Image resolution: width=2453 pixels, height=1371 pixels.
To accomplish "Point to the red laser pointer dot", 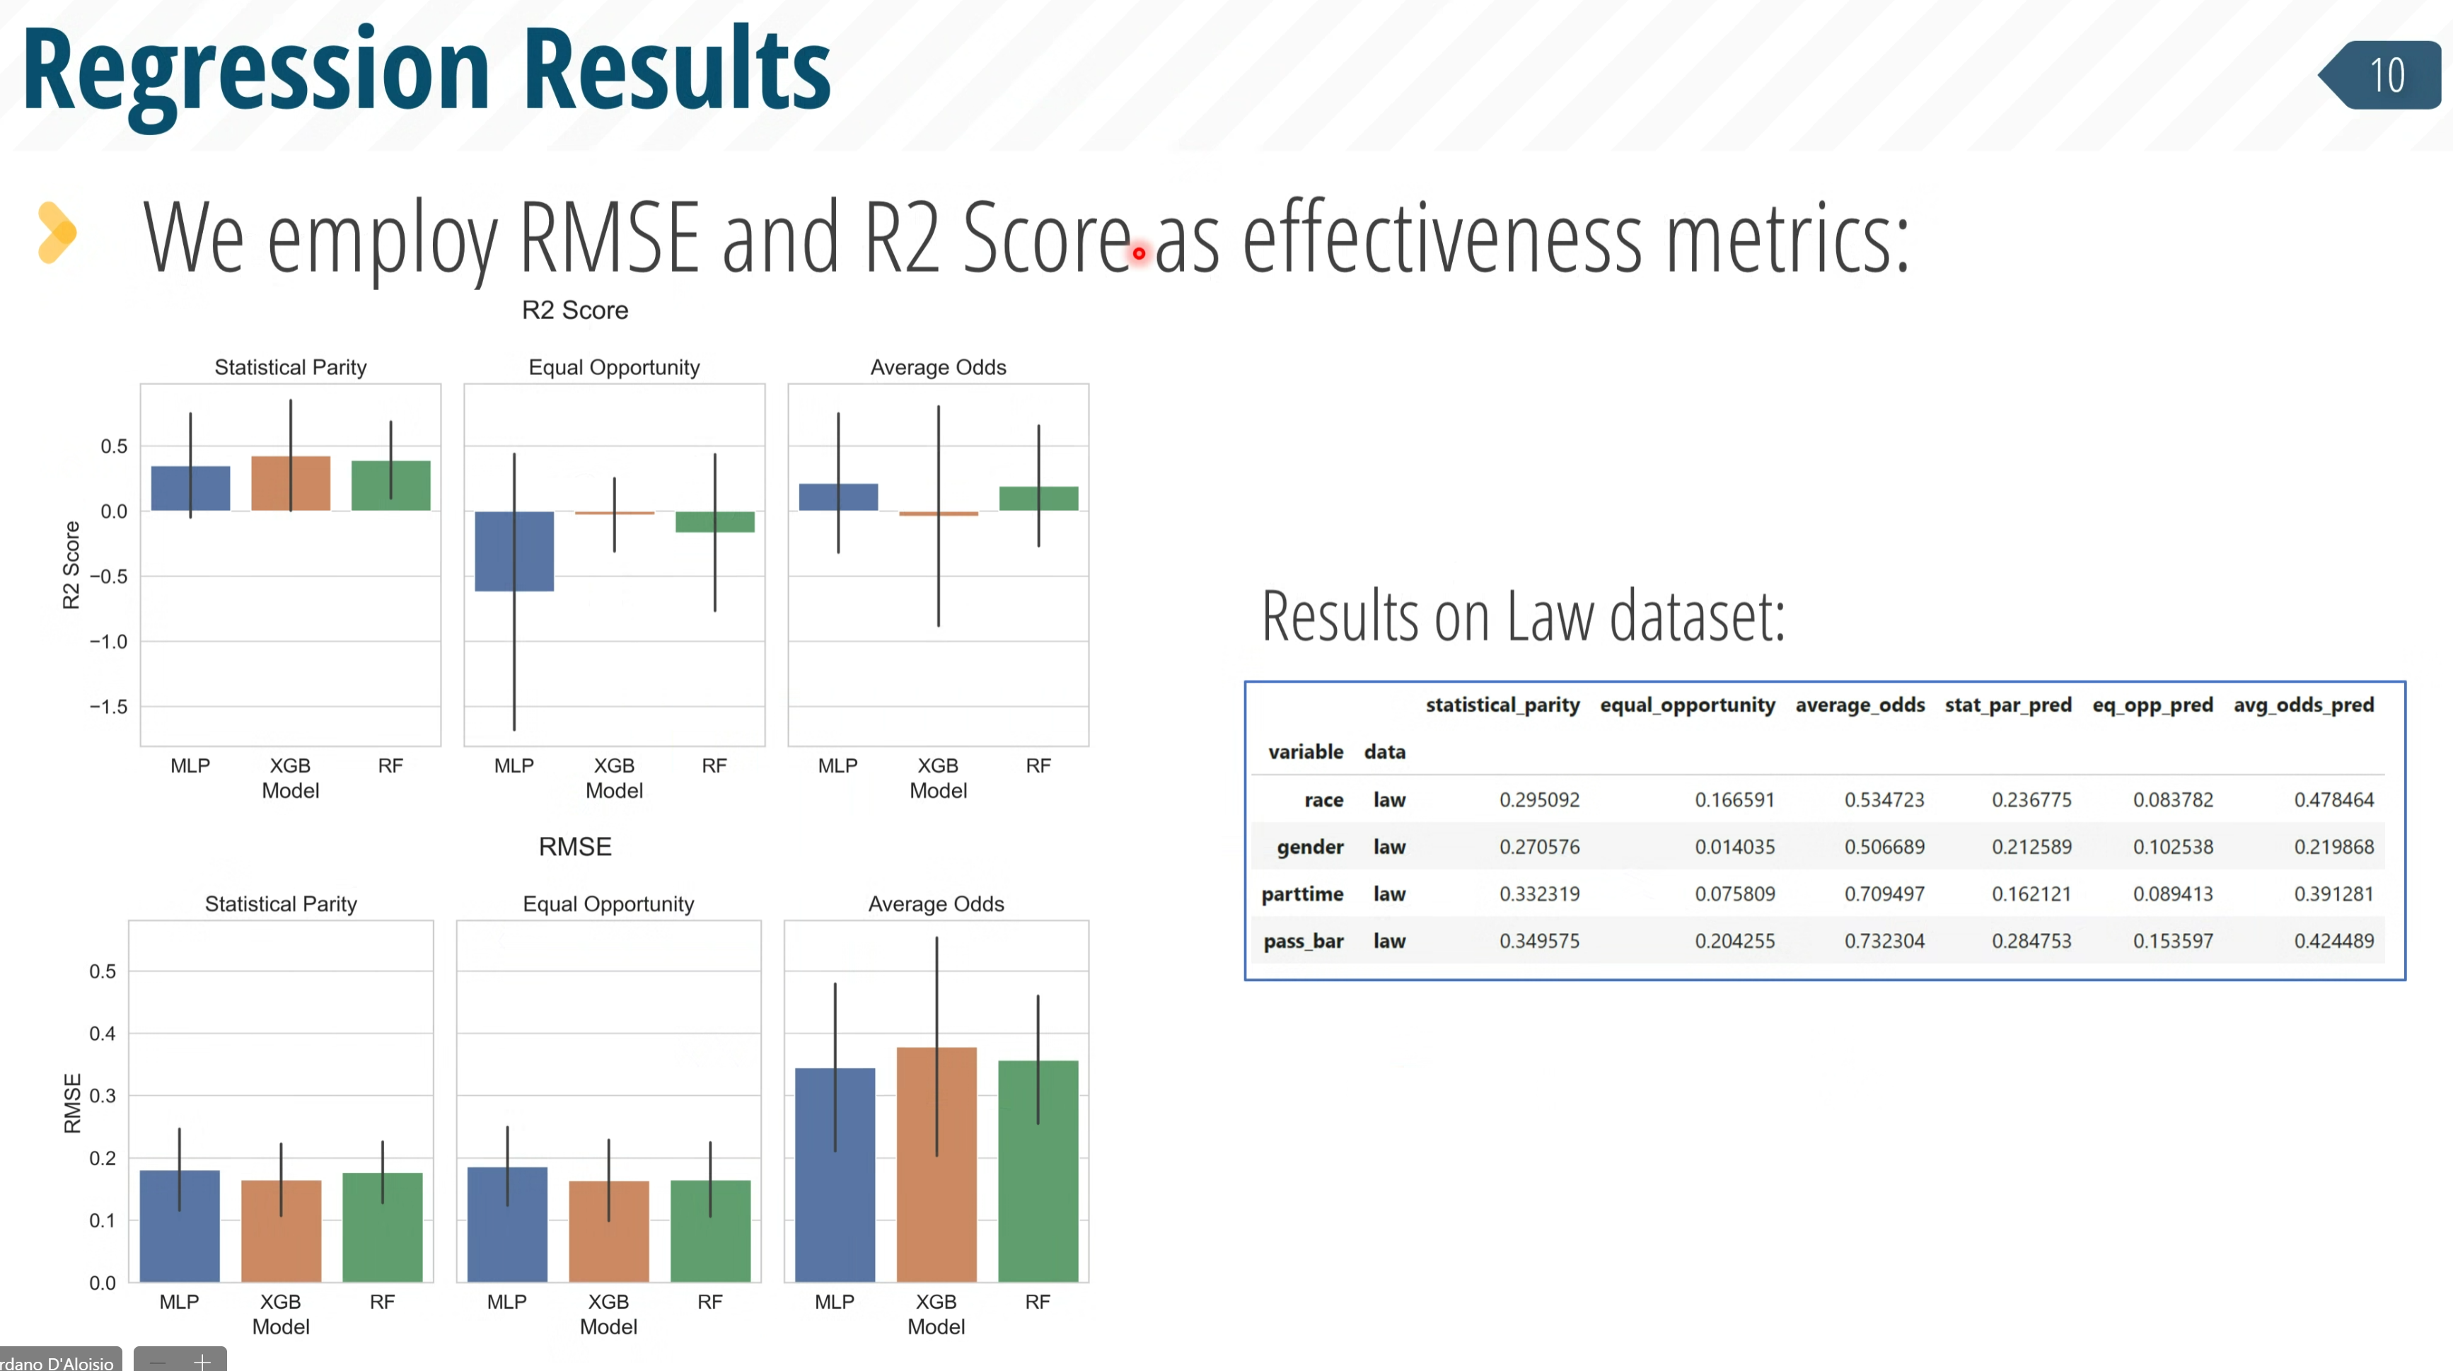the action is coord(1139,253).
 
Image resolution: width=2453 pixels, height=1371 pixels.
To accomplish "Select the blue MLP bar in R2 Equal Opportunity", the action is coord(514,551).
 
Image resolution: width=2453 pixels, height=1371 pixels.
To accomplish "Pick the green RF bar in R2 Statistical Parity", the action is coord(390,485).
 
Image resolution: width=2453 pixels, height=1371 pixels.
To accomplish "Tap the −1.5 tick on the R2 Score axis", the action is coord(108,707).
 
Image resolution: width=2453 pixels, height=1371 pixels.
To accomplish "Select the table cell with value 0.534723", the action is coord(1884,799).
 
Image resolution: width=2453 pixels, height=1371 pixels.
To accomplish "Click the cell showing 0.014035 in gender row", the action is coord(1734,846).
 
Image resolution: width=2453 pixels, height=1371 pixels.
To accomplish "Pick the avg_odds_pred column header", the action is coord(2304,705).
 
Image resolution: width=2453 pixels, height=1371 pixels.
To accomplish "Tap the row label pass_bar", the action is coord(1303,941).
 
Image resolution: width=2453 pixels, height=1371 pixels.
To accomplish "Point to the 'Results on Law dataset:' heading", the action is coord(1524,616).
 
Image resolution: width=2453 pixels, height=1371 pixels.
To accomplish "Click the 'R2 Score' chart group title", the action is coord(575,311).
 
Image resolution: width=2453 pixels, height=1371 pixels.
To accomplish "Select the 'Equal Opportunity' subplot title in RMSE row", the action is coord(608,903).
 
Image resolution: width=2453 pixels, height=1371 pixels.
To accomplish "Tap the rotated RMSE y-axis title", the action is coord(72,1104).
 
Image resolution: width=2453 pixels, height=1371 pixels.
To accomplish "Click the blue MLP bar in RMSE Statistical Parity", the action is coord(179,1226).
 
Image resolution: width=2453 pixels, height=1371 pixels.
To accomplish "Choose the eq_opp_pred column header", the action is coord(2152,705).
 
